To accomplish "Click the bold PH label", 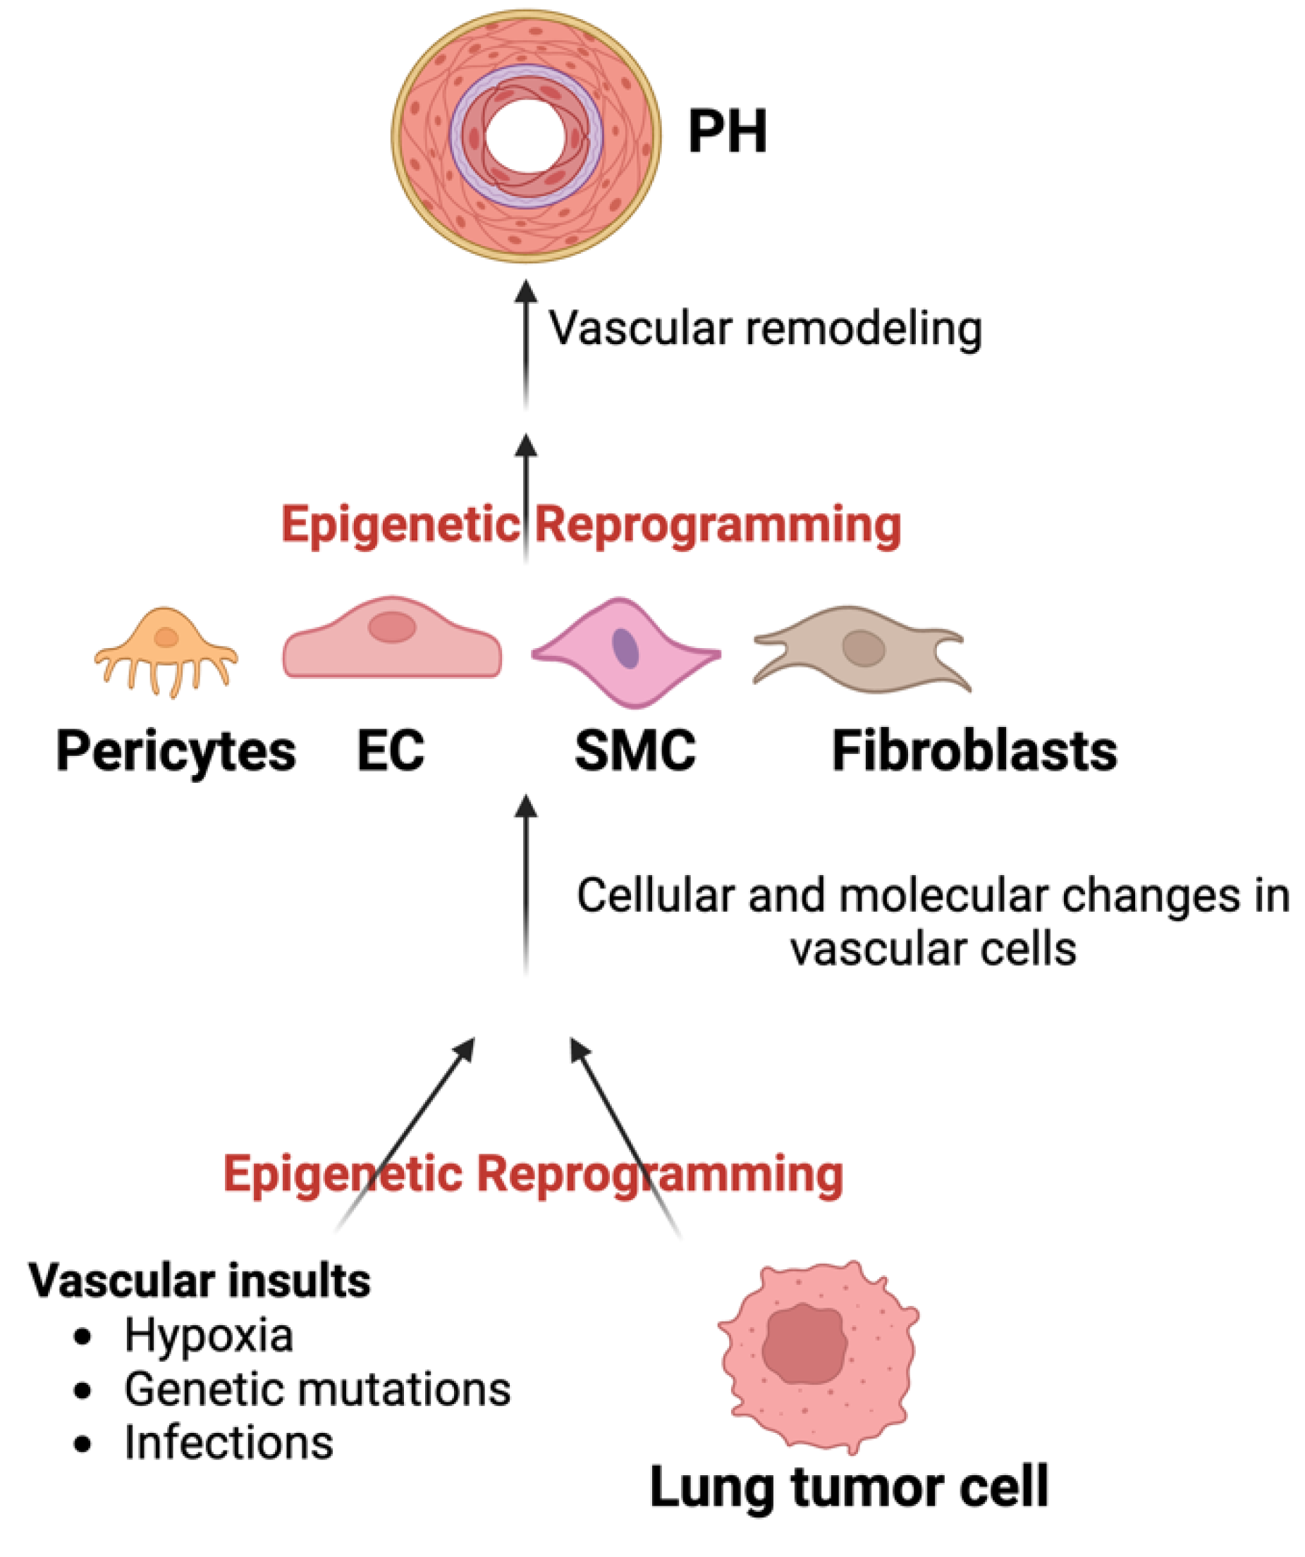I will point(727,132).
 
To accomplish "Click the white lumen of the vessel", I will point(526,135).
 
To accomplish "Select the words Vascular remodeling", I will point(764,329).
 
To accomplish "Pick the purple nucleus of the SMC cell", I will point(625,648).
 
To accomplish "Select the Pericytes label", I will point(176,752).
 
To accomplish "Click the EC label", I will point(391,752).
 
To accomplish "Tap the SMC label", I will point(635,752).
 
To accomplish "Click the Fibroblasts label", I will point(974,752).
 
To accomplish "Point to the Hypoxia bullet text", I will point(209,1336).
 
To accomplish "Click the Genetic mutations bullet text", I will point(317,1388).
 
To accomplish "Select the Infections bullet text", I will point(228,1443).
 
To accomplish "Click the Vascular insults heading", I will point(200,1281).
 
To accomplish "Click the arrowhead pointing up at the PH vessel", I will point(526,291).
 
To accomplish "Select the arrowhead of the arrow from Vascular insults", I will point(465,1049).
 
